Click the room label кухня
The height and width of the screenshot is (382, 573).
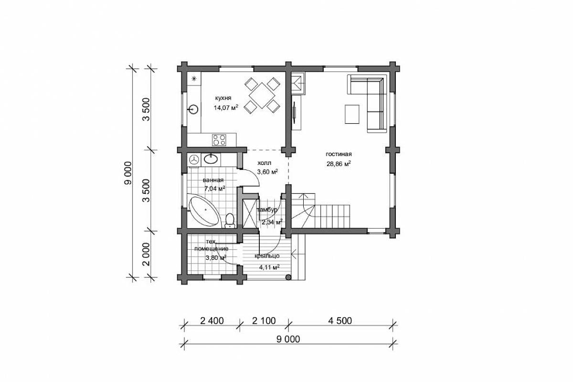tap(223, 98)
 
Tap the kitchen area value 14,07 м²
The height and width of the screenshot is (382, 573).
tap(226, 107)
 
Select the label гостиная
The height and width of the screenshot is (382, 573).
tap(339, 154)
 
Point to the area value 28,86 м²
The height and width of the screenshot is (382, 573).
tap(339, 164)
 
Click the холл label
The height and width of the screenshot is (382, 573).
tap(264, 163)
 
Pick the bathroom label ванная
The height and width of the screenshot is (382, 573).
tap(213, 180)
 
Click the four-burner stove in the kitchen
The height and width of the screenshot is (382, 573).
tap(219, 140)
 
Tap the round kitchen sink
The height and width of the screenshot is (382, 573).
tap(193, 109)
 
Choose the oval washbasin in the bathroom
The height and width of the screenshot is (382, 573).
tap(211, 159)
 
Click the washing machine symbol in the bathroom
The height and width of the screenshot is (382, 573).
tap(194, 159)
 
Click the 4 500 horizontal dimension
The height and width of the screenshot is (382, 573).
tap(340, 320)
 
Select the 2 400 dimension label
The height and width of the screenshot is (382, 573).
tap(212, 320)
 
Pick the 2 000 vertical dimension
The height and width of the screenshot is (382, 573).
tap(146, 254)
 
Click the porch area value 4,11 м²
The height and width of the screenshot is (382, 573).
tap(269, 267)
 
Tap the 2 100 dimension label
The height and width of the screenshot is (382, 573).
tap(264, 320)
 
